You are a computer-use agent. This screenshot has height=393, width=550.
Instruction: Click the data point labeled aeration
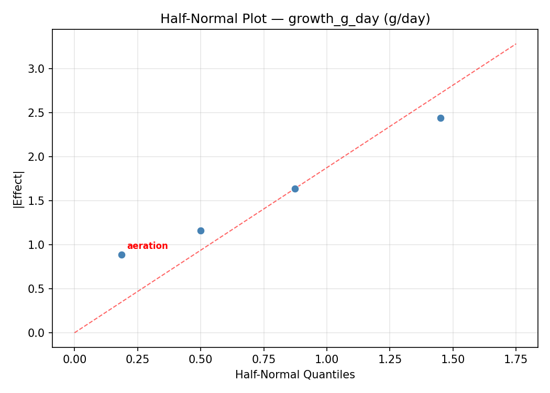[122, 255]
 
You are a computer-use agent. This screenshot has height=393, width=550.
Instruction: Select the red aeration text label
[147, 246]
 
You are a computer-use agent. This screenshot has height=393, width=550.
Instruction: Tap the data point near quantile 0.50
[201, 231]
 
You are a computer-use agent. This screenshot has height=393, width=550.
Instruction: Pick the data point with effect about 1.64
[295, 189]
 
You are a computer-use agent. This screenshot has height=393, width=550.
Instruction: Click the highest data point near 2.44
[441, 118]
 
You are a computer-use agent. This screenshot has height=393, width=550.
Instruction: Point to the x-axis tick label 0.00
[74, 359]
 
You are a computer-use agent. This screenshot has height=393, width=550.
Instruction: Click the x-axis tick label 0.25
[137, 359]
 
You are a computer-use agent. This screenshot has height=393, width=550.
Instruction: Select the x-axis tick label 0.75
[263, 359]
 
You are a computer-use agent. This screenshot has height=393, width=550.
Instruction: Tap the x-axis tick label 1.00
[326, 359]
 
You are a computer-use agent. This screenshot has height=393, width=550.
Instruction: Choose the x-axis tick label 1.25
[390, 359]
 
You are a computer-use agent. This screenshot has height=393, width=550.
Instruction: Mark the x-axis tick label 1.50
[453, 359]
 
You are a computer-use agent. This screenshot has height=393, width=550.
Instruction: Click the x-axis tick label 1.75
[516, 359]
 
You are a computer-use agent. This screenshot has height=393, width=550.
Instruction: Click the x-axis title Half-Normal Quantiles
[295, 375]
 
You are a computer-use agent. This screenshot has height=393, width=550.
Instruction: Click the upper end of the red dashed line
[515, 44]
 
